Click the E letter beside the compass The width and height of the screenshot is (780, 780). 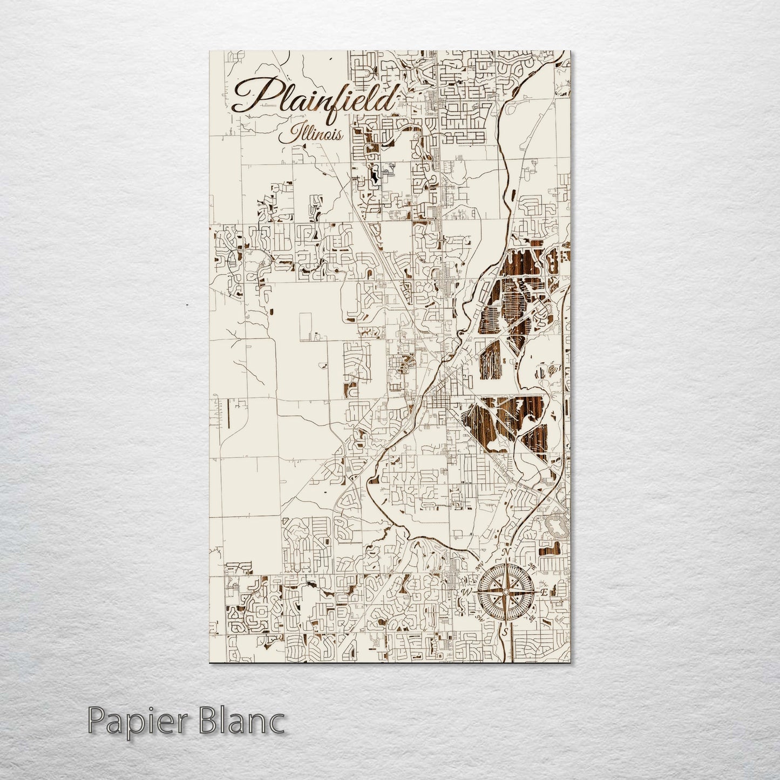coord(544,593)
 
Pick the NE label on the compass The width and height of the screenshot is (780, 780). coord(532,567)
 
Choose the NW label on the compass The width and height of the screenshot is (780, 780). coord(480,567)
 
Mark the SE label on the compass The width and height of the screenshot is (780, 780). coord(532,618)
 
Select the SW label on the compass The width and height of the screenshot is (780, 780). coord(480,618)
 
